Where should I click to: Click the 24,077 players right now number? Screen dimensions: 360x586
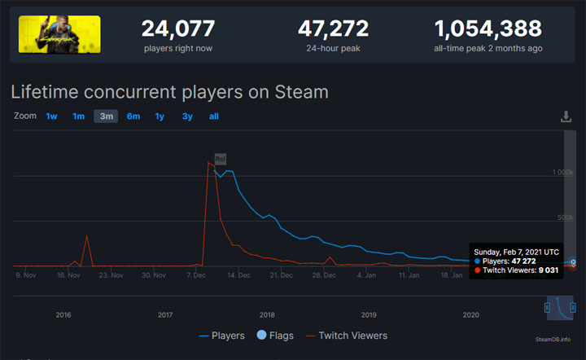click(178, 29)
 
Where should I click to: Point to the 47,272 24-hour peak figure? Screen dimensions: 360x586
click(334, 29)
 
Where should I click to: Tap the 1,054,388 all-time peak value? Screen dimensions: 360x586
click(488, 29)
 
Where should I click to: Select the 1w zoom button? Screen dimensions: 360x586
click(51, 116)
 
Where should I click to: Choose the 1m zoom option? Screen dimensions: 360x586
click(78, 116)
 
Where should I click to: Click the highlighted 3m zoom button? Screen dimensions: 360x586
click(106, 116)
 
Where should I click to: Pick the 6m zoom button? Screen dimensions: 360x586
click(133, 116)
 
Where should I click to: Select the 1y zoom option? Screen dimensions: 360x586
click(160, 116)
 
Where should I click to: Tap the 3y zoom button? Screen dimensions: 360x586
click(187, 116)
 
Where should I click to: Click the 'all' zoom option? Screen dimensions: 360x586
click(214, 116)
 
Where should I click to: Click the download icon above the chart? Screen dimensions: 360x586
click(566, 116)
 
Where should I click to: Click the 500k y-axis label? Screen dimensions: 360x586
click(564, 217)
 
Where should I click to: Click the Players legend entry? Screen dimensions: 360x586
click(221, 335)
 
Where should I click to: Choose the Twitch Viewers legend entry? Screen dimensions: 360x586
click(347, 335)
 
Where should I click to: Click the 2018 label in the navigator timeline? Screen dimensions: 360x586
click(267, 314)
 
